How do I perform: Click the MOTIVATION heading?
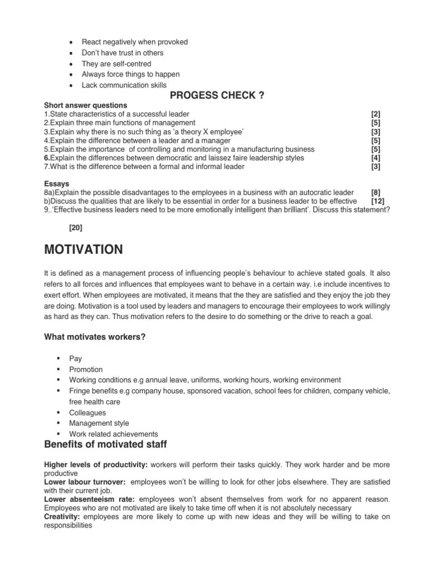click(84, 249)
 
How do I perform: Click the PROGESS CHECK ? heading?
click(213, 95)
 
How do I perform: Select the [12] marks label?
click(376, 201)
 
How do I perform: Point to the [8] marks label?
click(376, 192)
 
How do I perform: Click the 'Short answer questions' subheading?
click(85, 105)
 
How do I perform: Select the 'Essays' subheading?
click(56, 183)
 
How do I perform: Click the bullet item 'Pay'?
click(75, 359)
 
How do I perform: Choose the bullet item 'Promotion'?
click(86, 369)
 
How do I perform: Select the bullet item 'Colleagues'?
click(87, 413)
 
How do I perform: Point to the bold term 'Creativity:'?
click(62, 517)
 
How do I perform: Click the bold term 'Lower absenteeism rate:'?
click(90, 499)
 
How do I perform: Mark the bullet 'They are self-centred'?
click(116, 64)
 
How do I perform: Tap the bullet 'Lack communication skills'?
click(124, 85)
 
